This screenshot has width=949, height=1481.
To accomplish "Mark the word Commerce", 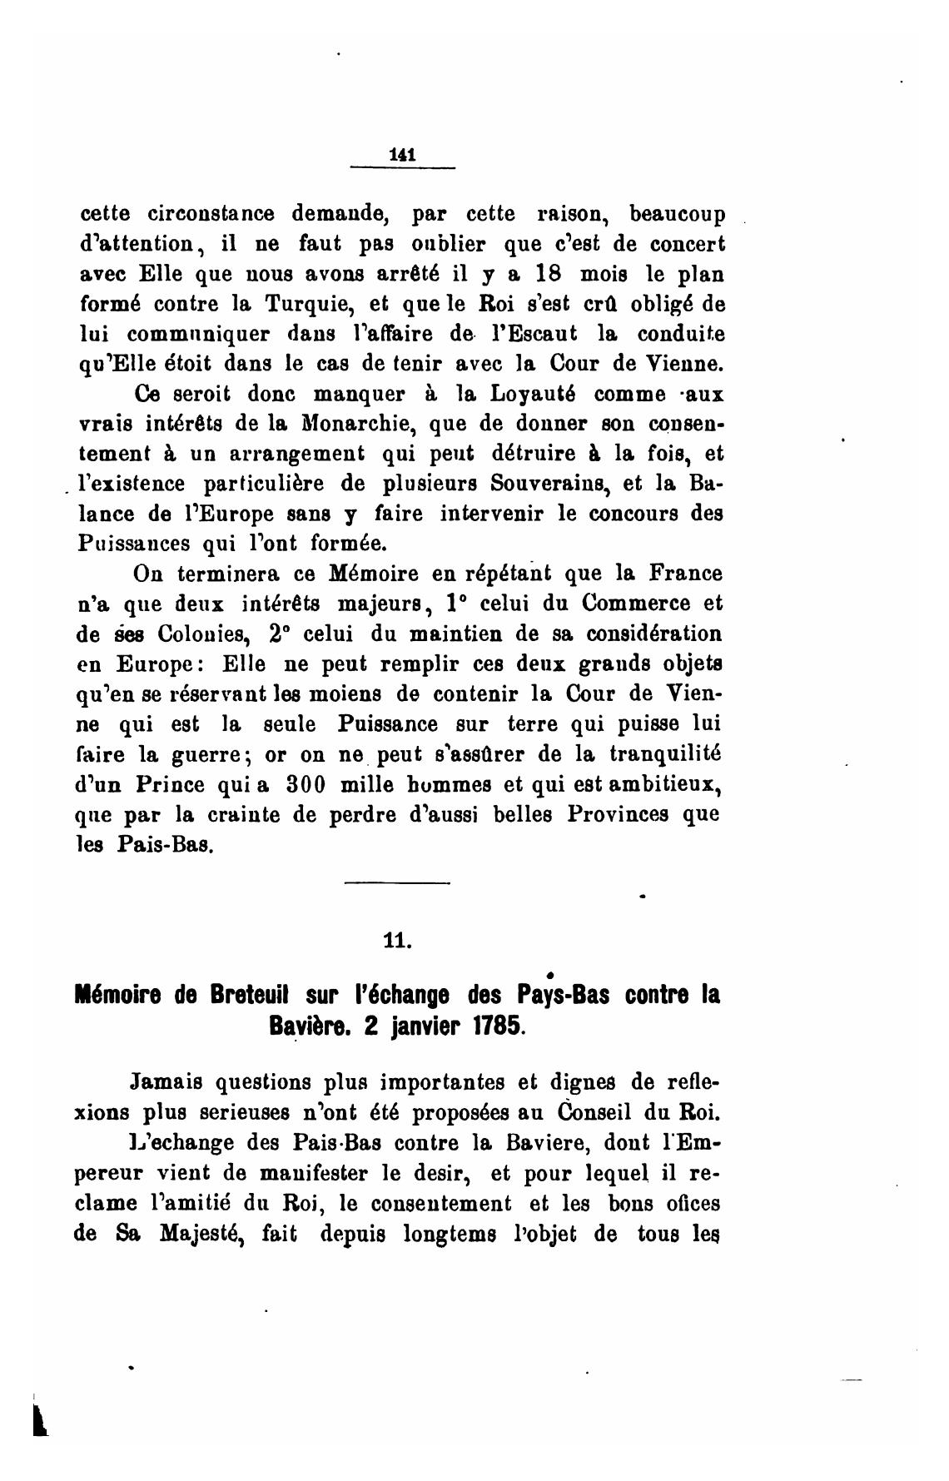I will (634, 604).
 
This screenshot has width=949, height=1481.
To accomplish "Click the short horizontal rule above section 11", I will (396, 882).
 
